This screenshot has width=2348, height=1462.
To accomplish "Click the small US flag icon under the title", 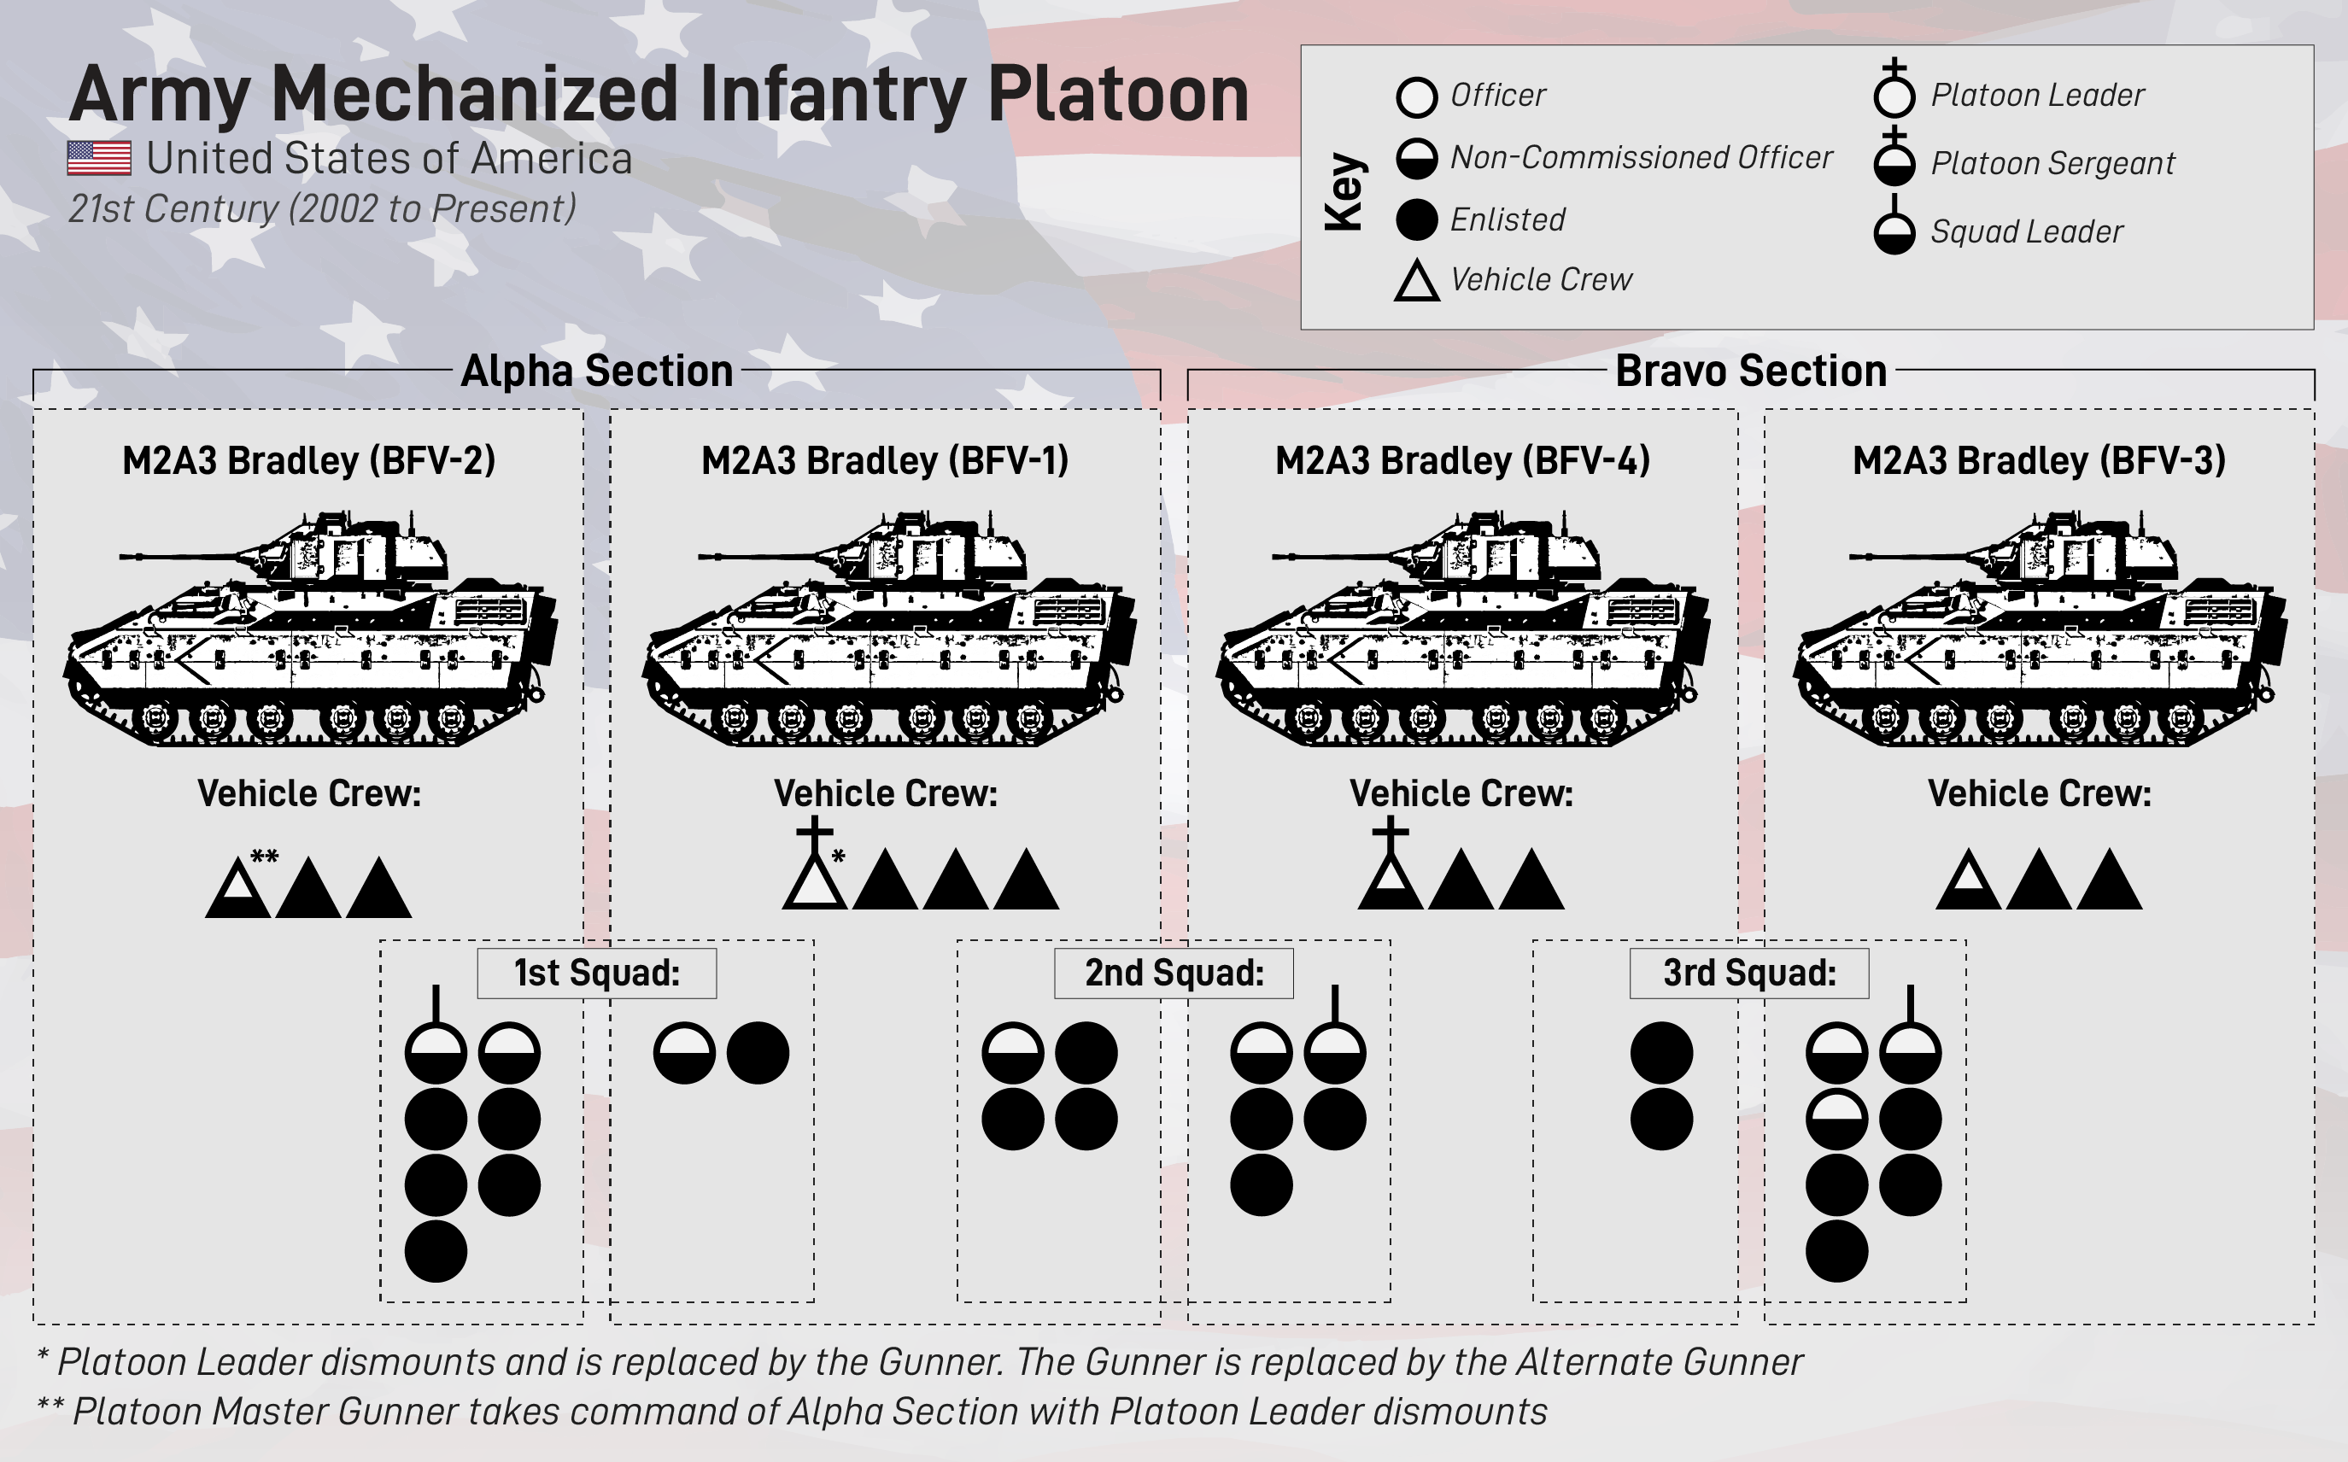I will [x=98, y=158].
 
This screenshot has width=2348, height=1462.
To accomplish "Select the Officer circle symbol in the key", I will [x=1417, y=96].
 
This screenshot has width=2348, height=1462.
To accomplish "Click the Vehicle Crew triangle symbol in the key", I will [x=1417, y=281].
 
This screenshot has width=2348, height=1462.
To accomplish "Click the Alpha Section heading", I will [x=597, y=371].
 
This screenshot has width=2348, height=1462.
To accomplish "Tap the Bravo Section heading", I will [x=1750, y=371].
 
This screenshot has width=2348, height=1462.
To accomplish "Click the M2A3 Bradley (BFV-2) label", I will [x=308, y=460].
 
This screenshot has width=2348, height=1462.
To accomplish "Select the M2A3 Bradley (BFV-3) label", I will [x=2039, y=460].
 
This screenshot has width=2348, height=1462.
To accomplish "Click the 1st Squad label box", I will [x=597, y=973].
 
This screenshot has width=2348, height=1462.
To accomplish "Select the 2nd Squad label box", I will [x=1174, y=973].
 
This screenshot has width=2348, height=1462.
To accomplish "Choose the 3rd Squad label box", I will [x=1749, y=973].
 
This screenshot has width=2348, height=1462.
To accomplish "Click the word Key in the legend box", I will [x=1345, y=191].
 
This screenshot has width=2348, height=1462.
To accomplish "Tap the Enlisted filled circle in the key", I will [x=1417, y=219].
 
